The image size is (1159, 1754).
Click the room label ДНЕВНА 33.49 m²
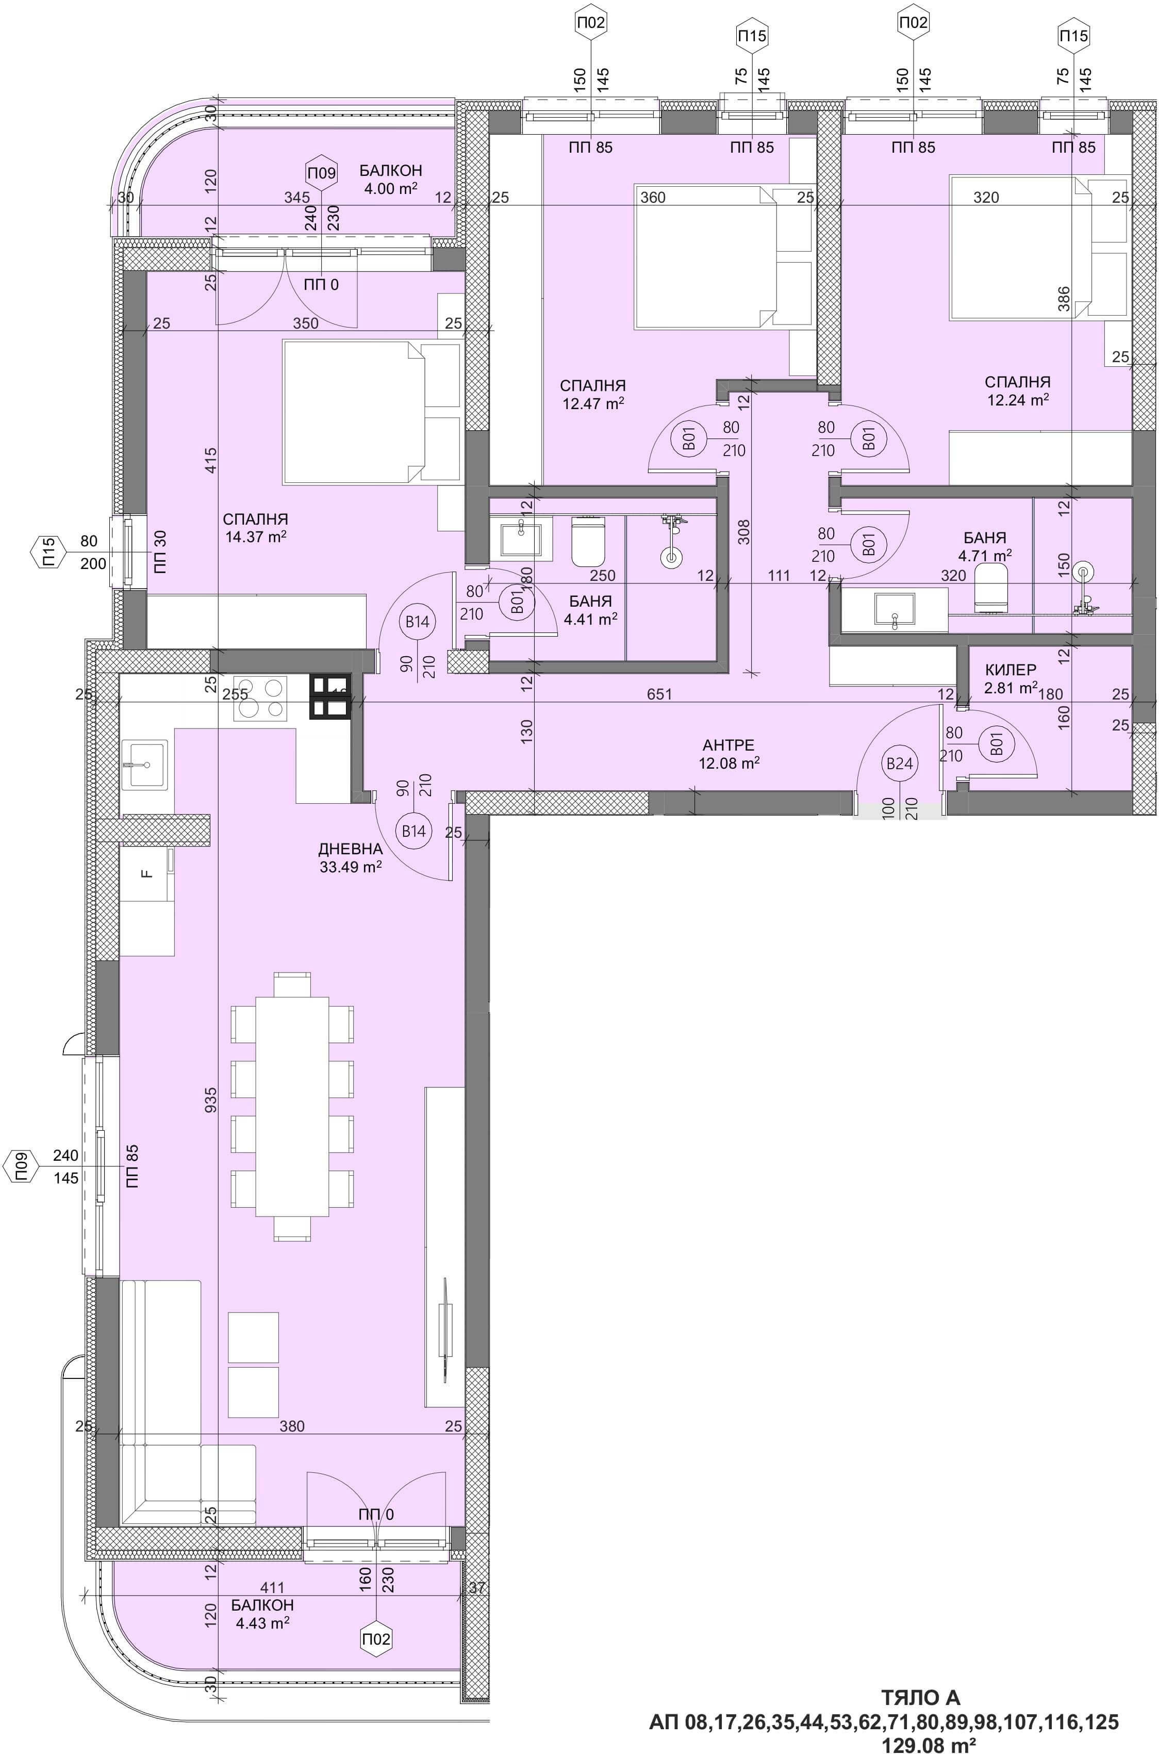click(x=351, y=858)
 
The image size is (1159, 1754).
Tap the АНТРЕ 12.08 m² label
click(x=729, y=754)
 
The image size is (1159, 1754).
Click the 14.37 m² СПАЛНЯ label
click(x=255, y=528)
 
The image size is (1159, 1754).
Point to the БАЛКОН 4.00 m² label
click(x=391, y=179)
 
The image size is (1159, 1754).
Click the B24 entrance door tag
click(x=900, y=763)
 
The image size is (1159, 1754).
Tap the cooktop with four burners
click(x=260, y=698)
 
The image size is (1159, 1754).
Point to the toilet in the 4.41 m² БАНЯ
click(x=589, y=541)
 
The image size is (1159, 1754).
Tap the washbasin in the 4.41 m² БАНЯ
click(x=522, y=540)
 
